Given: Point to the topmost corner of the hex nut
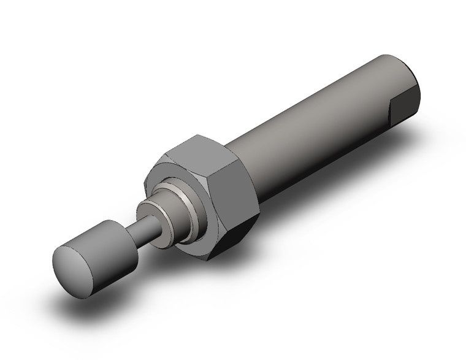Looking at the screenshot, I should click(199, 134).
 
